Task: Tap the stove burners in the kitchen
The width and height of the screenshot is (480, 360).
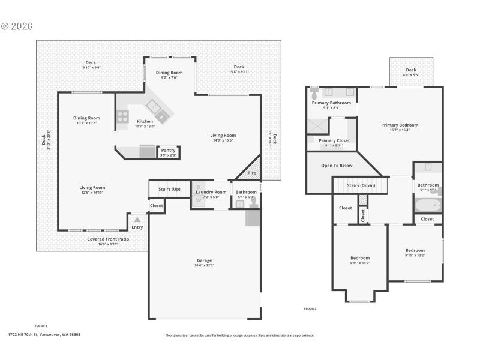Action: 122,116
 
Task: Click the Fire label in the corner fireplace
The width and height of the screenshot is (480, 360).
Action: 253,173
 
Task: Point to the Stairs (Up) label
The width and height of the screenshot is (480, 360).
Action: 169,189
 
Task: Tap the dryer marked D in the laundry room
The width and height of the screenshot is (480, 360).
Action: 199,187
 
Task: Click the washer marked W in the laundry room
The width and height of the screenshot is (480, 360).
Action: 199,200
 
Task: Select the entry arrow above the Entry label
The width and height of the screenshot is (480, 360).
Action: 137,220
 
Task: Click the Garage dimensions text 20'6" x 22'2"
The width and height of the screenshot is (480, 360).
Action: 205,265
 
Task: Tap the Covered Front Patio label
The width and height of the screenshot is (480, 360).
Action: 108,239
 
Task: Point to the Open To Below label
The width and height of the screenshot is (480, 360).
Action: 337,166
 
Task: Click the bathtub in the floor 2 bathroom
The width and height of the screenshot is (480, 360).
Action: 428,206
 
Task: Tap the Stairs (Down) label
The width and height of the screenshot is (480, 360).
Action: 361,185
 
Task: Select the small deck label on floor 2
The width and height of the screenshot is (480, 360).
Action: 411,70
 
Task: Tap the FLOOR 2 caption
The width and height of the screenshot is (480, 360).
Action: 310,308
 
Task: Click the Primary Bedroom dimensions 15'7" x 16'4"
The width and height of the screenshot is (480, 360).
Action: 400,130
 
